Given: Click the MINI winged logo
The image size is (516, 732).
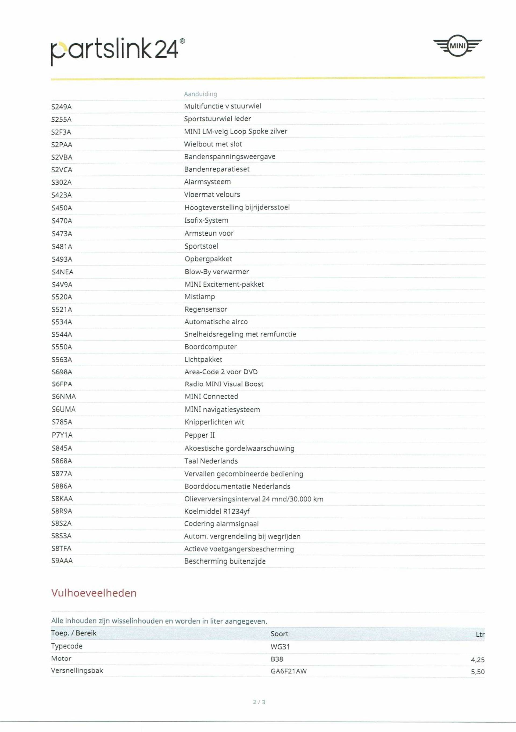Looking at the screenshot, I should [x=457, y=46].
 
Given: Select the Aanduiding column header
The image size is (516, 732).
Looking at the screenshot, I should [x=200, y=94].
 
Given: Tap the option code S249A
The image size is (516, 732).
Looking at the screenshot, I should [x=62, y=107].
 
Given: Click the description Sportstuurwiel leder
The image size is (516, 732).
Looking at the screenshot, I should [x=217, y=119].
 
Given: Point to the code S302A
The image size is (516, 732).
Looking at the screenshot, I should [x=62, y=182].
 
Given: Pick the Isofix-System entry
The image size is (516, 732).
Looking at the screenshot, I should [x=206, y=220].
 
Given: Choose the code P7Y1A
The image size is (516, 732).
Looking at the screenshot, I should [x=62, y=435].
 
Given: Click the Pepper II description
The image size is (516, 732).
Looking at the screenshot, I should [x=199, y=435].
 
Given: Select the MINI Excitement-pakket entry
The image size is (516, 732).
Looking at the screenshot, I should [x=224, y=284].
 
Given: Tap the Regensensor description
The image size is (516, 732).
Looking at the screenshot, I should [x=206, y=309].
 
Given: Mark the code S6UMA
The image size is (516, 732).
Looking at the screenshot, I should [x=63, y=409].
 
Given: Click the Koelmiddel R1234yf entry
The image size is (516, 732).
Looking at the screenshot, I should [x=217, y=511].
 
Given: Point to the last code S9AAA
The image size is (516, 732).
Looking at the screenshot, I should [x=62, y=561].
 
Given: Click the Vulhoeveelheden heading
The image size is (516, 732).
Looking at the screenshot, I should [x=94, y=593].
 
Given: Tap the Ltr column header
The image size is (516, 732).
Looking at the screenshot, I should [x=480, y=634].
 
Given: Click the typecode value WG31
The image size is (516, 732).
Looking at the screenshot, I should [x=280, y=647].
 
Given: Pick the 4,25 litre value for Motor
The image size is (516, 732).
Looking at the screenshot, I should [x=477, y=660].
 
